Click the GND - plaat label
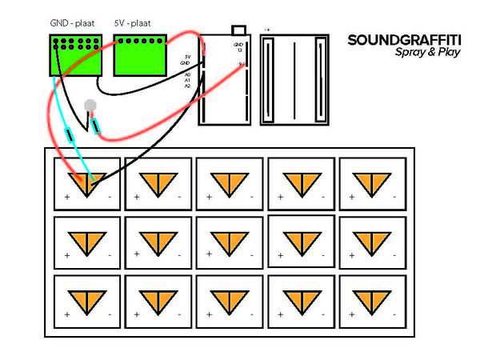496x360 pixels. [72, 24]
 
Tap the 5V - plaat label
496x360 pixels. [133, 24]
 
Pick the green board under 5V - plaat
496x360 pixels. [140, 55]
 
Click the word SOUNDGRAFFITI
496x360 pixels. [404, 39]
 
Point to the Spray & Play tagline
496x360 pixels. [427, 53]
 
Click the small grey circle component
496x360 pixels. [90, 105]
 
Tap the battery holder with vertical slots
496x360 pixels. [294, 79]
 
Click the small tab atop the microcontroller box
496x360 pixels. [238, 30]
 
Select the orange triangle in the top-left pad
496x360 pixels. [87, 182]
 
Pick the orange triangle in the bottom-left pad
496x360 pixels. [87, 299]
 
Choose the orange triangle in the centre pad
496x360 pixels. [228, 241]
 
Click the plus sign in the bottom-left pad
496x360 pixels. [66, 314]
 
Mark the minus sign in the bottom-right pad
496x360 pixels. [394, 314]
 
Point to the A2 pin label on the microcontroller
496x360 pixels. [187, 86]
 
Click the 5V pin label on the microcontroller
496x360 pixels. [187, 57]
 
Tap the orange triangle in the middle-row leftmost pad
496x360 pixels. [87, 241]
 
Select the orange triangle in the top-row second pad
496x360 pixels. [158, 183]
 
